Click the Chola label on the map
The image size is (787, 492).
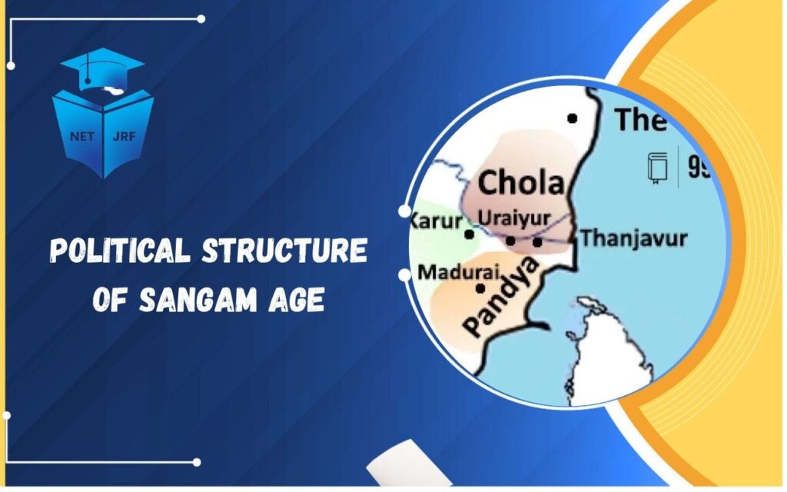click(520, 183)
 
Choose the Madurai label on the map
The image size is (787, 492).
click(457, 271)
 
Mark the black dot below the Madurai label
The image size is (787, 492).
click(481, 289)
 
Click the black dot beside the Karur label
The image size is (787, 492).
click(470, 234)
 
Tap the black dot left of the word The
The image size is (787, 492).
click(572, 118)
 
